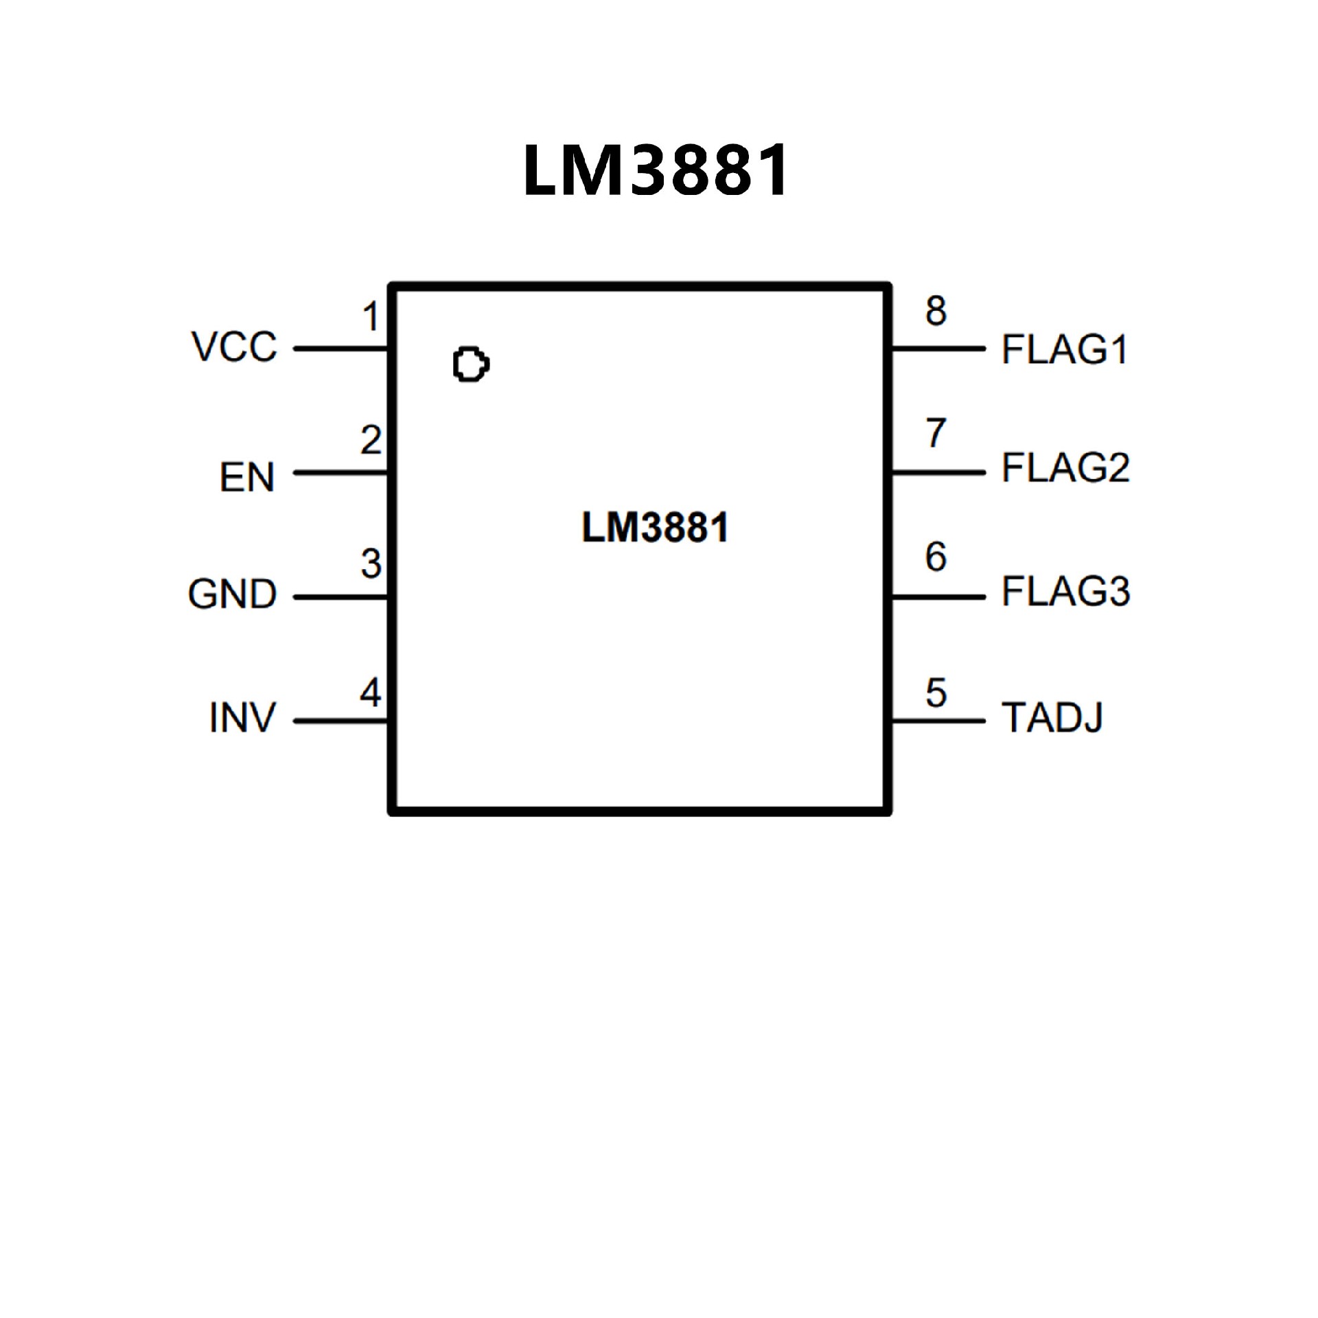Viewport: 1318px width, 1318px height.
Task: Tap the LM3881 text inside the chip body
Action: coord(655,528)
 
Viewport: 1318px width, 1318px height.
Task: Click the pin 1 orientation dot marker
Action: coord(471,365)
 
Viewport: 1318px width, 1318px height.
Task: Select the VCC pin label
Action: coord(235,347)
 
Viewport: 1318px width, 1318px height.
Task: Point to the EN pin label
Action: coord(247,476)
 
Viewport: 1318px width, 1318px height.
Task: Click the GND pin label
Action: coord(233,594)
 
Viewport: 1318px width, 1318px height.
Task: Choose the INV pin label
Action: coord(242,718)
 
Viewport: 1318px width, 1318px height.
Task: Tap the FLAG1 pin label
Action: coord(1065,349)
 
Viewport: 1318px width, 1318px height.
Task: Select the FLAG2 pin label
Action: coord(1065,468)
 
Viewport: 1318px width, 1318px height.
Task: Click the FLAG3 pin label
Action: coord(1065,592)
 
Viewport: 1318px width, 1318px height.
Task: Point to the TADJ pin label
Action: coord(1052,718)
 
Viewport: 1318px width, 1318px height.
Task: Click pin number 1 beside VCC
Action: coord(371,317)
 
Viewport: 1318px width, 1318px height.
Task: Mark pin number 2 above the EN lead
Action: coord(371,440)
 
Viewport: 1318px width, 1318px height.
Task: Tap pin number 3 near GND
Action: coord(371,564)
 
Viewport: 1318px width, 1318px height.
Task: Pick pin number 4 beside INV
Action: coord(371,692)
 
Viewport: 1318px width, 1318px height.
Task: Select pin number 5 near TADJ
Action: coord(936,693)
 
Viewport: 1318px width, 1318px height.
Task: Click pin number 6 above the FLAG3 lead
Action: coord(936,557)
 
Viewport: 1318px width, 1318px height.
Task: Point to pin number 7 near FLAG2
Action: coord(936,433)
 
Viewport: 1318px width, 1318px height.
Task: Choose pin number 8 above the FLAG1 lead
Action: coord(936,310)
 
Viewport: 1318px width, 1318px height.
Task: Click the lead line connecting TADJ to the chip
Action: coord(938,721)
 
